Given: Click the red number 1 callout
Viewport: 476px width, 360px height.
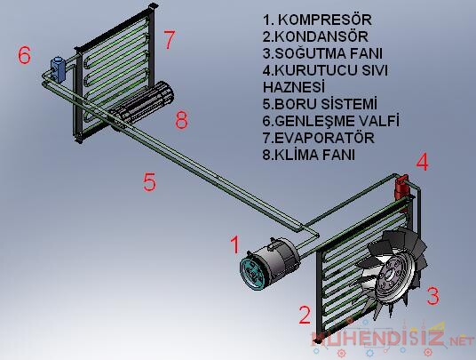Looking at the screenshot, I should pos(234,244).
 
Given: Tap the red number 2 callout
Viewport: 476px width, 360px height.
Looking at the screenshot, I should pos(304,314).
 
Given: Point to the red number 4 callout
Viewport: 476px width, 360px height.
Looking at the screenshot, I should pos(423,163).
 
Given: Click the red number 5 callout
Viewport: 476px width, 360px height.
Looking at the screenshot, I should pos(150,182).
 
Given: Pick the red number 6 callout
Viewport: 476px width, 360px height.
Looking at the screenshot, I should pos(25,55).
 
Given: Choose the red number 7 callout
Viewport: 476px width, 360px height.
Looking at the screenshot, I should pos(170,40).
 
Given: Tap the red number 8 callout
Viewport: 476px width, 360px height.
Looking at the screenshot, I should pos(181,120).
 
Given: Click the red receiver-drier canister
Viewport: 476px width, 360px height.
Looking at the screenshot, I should pos(401,183).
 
